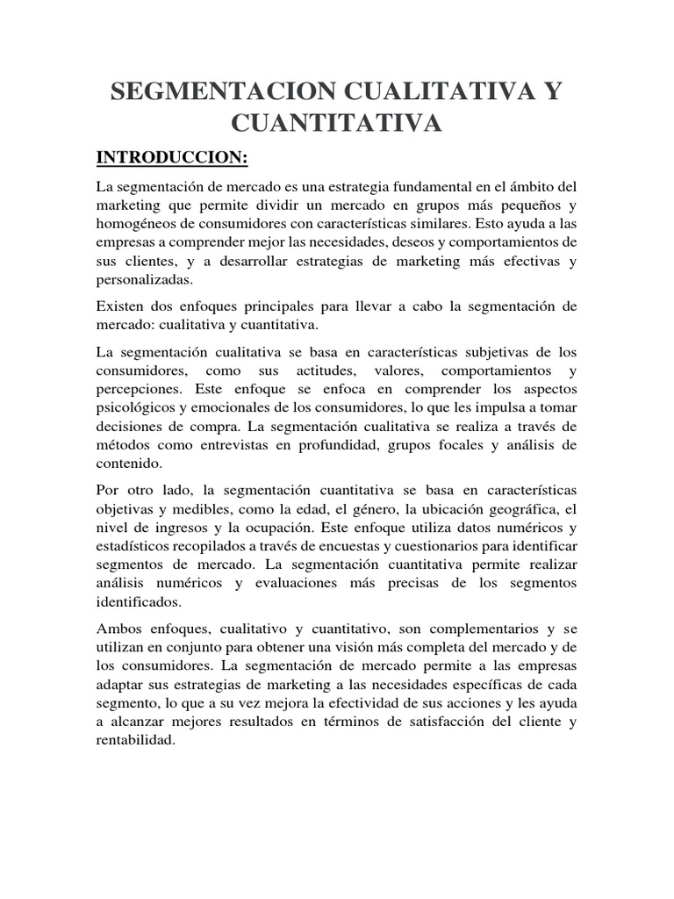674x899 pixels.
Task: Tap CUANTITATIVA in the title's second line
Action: tap(337, 125)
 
